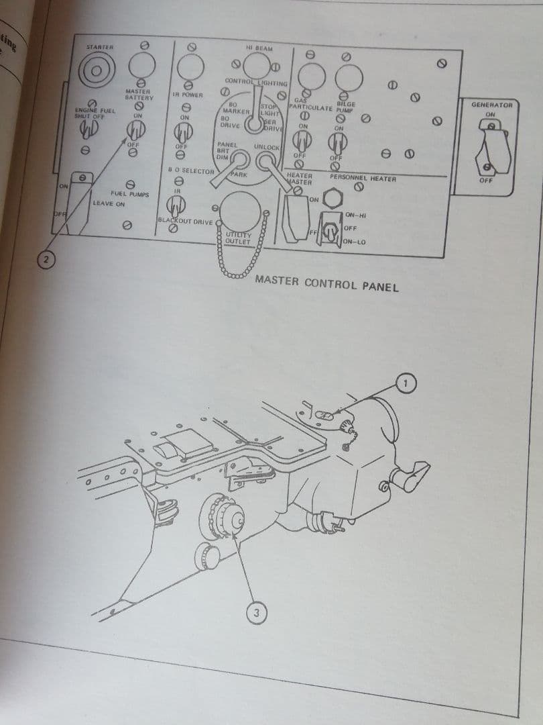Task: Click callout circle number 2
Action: tap(44, 260)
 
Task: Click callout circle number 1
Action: tap(406, 382)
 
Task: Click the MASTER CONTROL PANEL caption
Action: tap(326, 283)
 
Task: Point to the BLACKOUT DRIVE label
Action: tap(185, 221)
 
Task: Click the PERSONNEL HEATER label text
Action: tap(363, 179)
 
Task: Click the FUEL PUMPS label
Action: tap(129, 194)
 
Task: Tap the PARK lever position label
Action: tap(239, 175)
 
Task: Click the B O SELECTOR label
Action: tap(190, 171)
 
